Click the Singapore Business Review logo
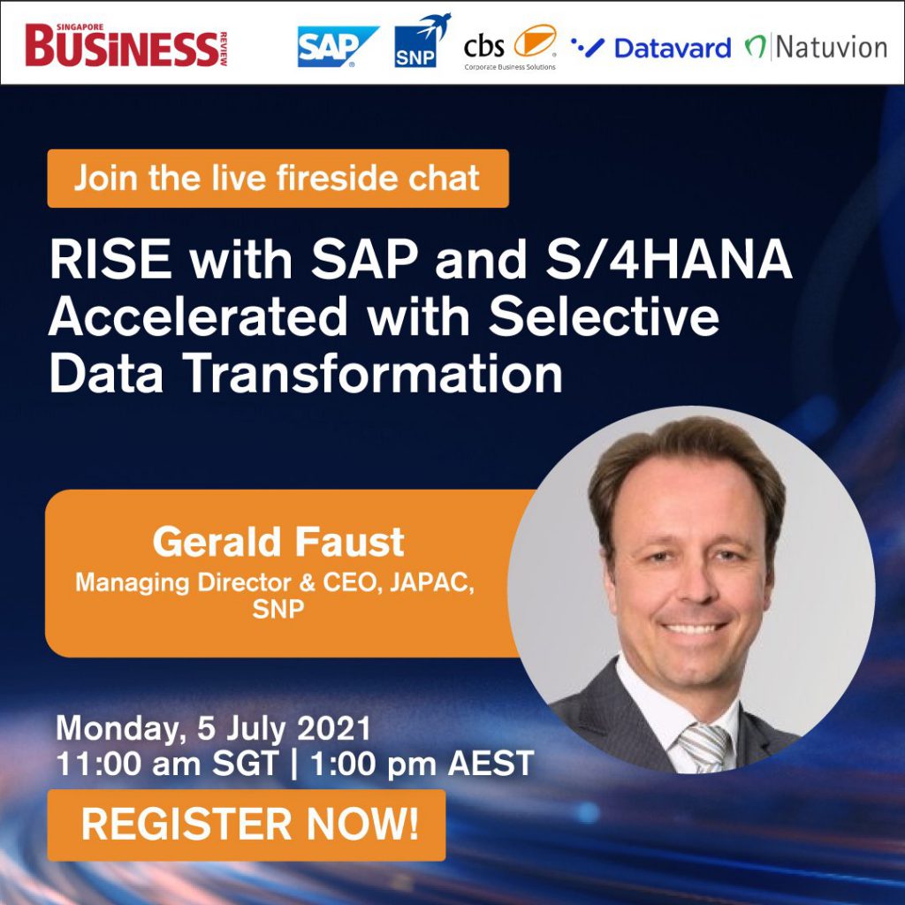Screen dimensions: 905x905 (x=126, y=45)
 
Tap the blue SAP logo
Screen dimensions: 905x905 (x=338, y=46)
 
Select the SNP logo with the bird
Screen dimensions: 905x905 (x=422, y=41)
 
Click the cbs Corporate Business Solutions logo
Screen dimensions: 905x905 (x=510, y=48)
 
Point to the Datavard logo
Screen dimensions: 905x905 (x=650, y=48)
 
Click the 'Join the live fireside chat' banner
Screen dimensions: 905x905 (x=278, y=179)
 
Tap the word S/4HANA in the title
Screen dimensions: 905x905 (x=669, y=259)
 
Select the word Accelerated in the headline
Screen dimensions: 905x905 (x=198, y=317)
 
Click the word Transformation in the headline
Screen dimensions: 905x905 (x=373, y=375)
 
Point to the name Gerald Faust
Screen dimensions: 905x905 (x=278, y=542)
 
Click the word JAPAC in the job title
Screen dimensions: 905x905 (x=432, y=582)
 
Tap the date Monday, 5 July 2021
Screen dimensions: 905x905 (x=213, y=728)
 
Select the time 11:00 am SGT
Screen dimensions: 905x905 (x=167, y=764)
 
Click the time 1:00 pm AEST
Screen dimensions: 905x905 (x=422, y=764)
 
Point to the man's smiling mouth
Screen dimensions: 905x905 (x=695, y=627)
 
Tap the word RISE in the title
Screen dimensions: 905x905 (x=110, y=259)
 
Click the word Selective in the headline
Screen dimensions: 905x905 (x=604, y=317)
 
